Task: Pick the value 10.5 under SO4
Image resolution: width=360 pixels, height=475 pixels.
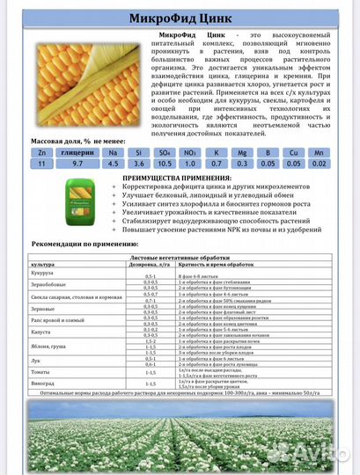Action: coord(162,163)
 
